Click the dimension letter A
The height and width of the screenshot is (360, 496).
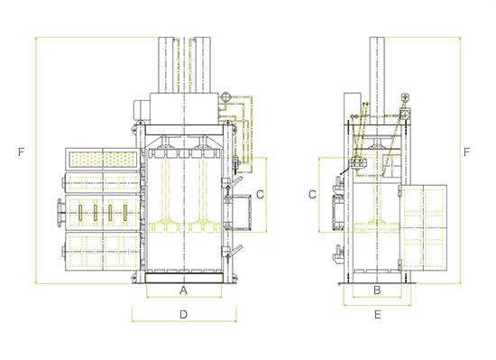click(x=183, y=290)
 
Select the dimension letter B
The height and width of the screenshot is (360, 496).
click(x=377, y=290)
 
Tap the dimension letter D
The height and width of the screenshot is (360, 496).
click(x=183, y=315)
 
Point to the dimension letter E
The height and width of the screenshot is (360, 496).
click(x=377, y=315)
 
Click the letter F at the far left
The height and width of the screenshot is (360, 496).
click(x=22, y=152)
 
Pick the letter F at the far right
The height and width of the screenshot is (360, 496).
click(x=466, y=152)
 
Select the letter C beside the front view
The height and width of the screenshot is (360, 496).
click(x=260, y=195)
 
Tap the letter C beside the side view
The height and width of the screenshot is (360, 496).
click(x=312, y=195)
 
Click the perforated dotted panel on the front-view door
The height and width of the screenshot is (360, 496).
click(x=103, y=160)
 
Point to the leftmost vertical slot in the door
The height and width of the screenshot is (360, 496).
click(x=80, y=213)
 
